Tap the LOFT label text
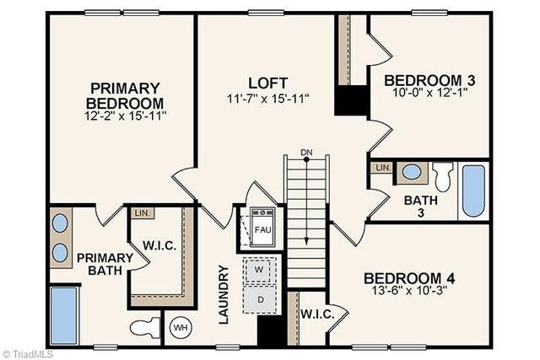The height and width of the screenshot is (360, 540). [x=267, y=83]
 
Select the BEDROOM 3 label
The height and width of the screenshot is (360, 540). [x=429, y=81]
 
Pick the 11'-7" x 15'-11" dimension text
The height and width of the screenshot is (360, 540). [x=267, y=98]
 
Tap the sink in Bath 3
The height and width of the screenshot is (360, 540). [x=412, y=172]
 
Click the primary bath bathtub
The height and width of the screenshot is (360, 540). [x=62, y=314]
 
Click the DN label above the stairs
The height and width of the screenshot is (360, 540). [x=305, y=153]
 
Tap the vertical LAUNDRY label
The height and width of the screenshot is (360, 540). [x=224, y=294]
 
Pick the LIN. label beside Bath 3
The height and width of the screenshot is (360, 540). [x=381, y=168]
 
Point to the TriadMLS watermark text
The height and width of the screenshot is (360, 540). [x=28, y=353]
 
